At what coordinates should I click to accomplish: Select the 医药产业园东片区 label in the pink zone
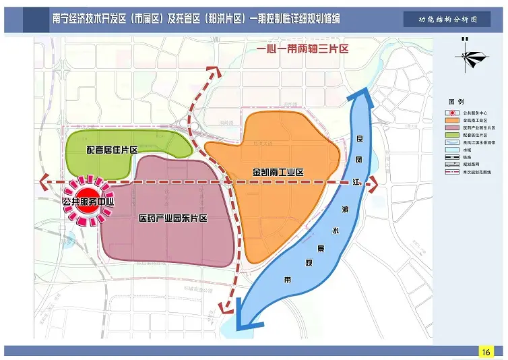coord(172,218)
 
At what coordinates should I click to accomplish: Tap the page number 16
coord(486,352)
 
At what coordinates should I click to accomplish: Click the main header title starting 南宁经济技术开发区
coord(195,19)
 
